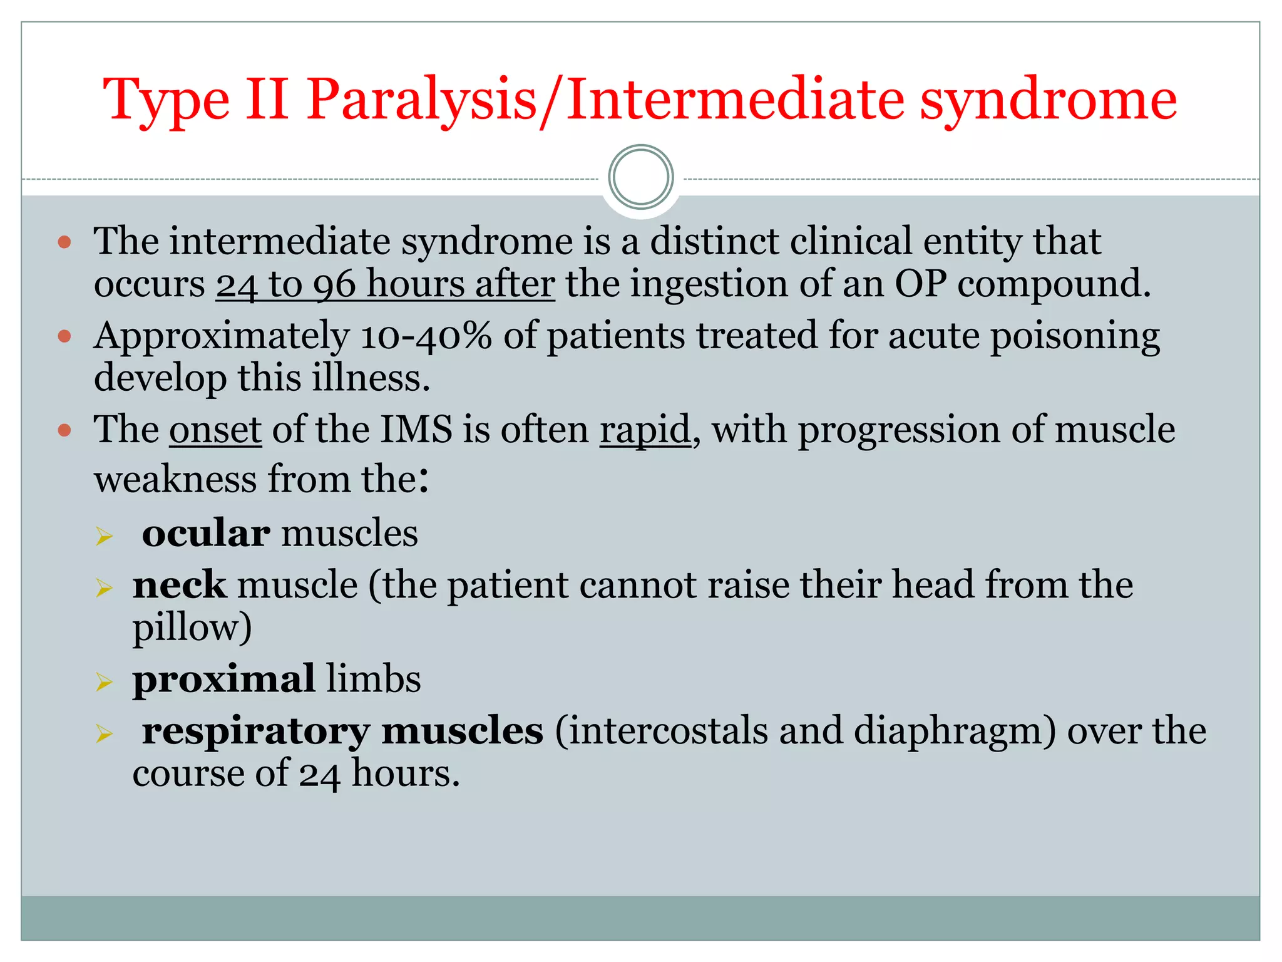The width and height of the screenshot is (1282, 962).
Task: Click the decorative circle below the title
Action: click(640, 177)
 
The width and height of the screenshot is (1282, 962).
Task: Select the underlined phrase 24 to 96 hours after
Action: click(385, 284)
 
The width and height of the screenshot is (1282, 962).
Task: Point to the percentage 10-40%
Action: click(426, 336)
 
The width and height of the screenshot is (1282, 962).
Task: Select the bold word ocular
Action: click(206, 534)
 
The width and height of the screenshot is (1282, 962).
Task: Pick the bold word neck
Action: click(179, 585)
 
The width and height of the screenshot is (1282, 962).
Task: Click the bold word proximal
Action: click(223, 679)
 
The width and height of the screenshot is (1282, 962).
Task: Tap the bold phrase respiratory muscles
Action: click(342, 731)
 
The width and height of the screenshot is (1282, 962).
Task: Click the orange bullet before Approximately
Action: click(64, 337)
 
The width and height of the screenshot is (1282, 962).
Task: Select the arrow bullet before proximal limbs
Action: click(104, 681)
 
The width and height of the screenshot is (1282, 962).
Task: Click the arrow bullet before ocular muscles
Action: click(104, 536)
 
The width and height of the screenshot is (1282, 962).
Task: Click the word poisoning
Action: click(1075, 336)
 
